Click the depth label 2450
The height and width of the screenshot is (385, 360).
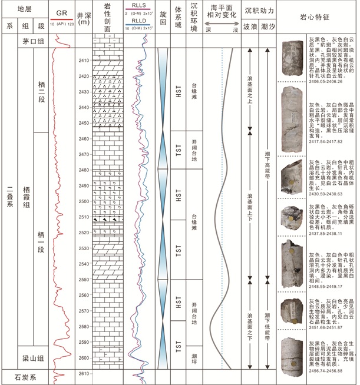(84, 123)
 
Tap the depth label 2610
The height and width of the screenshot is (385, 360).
(84, 373)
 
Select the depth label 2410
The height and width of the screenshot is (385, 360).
(84, 61)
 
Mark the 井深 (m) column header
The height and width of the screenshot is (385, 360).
(84, 18)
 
